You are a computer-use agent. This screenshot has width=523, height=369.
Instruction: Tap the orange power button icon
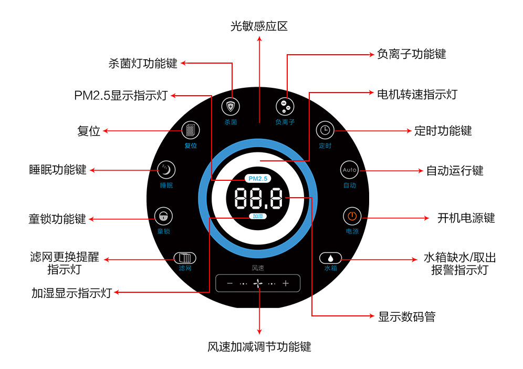pos(352,217)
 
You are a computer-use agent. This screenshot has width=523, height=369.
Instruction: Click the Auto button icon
pos(349,170)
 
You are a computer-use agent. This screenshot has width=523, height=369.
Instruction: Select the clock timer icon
pos(325,130)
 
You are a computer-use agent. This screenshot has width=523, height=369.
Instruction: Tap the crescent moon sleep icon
pos(166,170)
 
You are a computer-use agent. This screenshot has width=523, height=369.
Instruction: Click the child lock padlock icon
pos(163,217)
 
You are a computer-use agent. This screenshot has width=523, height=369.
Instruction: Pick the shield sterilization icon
pos(231,107)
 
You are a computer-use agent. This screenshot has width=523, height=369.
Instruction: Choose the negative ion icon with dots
pos(285,107)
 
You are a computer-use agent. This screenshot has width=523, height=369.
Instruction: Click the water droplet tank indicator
pos(330,258)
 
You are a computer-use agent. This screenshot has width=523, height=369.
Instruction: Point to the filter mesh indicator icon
pos(185,258)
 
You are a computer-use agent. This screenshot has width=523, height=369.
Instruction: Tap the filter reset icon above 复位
pos(191,130)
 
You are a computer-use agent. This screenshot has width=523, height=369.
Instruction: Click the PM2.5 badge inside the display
pos(258,179)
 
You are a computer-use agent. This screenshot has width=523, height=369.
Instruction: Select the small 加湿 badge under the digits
pos(258,217)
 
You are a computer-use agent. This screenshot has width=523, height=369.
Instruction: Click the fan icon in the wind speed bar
pos(258,283)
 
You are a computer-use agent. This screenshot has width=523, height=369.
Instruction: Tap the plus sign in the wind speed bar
pos(286,283)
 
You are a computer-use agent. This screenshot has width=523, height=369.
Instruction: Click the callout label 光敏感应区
pos(259,26)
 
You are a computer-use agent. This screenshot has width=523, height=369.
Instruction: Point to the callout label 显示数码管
pos(406,316)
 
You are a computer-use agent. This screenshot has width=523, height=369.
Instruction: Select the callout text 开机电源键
pos(466,218)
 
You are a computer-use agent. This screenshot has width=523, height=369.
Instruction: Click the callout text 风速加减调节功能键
pos(259,346)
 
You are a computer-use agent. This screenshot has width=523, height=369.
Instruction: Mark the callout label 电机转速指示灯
pos(417,95)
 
